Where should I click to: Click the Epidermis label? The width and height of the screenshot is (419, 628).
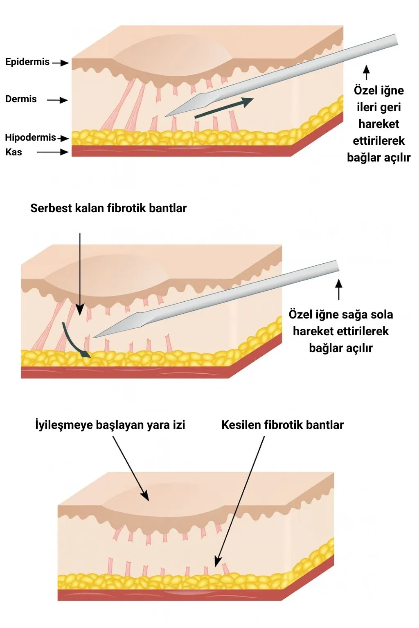[27, 62]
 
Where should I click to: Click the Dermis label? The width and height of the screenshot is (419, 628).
[21, 99]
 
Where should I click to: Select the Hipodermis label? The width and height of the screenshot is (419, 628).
[30, 137]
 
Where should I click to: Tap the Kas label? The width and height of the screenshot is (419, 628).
[14, 152]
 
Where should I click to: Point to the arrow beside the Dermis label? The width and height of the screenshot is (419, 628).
[57, 100]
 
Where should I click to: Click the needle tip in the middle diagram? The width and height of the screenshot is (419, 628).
[95, 337]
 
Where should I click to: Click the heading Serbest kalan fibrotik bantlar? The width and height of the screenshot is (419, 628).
[108, 208]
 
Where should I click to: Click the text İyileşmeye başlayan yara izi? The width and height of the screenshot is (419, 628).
[110, 425]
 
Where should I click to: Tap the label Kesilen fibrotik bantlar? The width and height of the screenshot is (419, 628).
[282, 425]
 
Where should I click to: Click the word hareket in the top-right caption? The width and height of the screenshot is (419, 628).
[378, 124]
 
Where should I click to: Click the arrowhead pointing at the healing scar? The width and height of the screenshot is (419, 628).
[145, 496]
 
